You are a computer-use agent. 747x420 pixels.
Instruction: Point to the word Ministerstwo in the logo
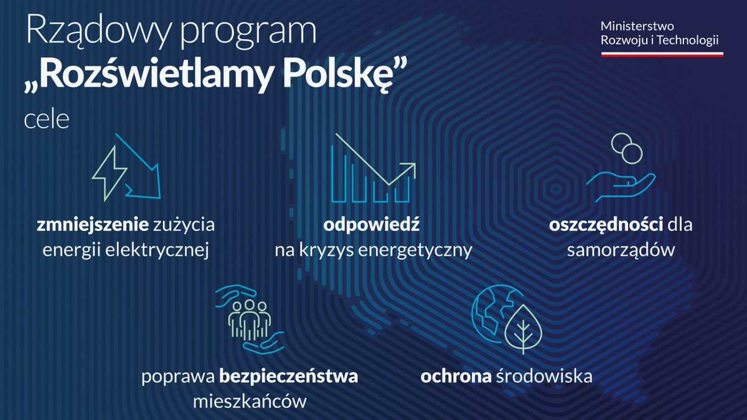[637, 26]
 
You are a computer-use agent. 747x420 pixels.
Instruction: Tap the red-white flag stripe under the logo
[662, 54]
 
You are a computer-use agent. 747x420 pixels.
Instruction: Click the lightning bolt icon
[110, 174]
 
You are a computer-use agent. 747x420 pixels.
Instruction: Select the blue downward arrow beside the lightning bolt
[142, 170]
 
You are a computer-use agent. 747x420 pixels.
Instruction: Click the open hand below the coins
[621, 187]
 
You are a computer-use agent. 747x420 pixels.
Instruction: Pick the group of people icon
[249, 320]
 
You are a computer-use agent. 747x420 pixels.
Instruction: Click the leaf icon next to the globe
[524, 329]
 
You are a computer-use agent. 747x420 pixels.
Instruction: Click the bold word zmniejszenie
[92, 225]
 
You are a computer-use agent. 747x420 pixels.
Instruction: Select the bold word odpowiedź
[371, 225]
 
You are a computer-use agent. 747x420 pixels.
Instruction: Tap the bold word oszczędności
[606, 225]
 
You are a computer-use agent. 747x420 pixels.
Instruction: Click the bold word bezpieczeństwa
[288, 376]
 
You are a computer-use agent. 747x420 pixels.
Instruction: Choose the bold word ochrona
[456, 376]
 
